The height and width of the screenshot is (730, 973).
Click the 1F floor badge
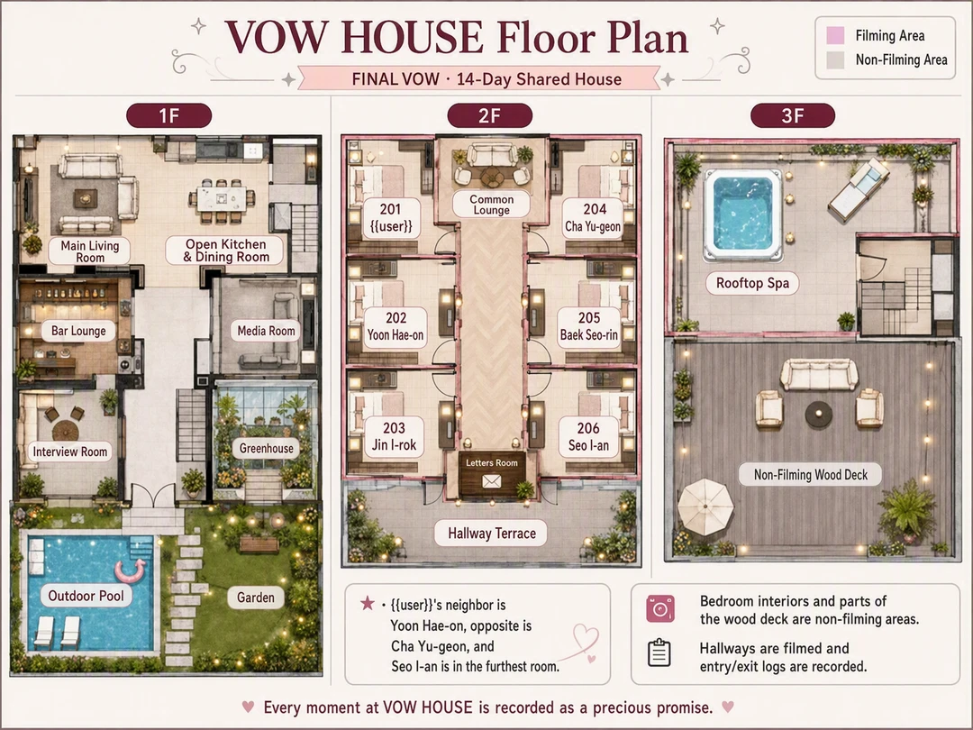168,116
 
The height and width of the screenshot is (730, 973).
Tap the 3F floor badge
793,116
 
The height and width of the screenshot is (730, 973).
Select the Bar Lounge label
78,331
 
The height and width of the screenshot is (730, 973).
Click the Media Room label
266,331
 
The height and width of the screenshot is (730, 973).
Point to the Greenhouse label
266,448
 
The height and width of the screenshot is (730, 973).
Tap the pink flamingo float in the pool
131,569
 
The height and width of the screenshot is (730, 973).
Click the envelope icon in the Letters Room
492,481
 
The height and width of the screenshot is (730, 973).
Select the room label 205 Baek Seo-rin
589,326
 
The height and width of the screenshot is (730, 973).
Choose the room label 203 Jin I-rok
394,436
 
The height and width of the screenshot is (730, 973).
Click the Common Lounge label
492,205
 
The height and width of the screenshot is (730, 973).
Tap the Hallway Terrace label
492,534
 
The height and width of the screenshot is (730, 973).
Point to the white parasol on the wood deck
705,506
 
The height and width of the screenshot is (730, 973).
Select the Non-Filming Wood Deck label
811,475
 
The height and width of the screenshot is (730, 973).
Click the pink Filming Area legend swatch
835,36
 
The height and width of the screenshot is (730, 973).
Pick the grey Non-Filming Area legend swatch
835,60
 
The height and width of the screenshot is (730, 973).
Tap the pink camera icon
659,609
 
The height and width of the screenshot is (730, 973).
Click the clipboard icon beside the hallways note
659,652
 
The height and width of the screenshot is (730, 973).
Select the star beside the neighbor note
368,603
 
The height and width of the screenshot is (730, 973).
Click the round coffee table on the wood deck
818,414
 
